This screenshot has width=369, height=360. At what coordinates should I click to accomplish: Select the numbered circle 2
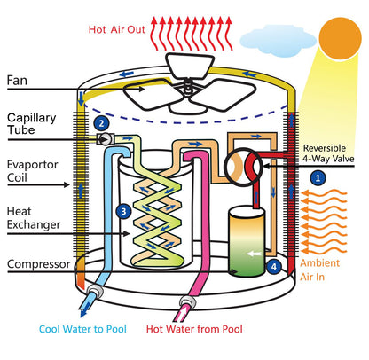point(102,123)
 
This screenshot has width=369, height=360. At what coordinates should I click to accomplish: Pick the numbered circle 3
point(122,211)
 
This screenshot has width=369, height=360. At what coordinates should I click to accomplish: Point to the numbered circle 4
point(275,265)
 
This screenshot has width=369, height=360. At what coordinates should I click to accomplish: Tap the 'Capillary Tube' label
point(33,125)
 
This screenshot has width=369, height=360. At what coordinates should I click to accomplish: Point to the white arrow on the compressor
point(254,253)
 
